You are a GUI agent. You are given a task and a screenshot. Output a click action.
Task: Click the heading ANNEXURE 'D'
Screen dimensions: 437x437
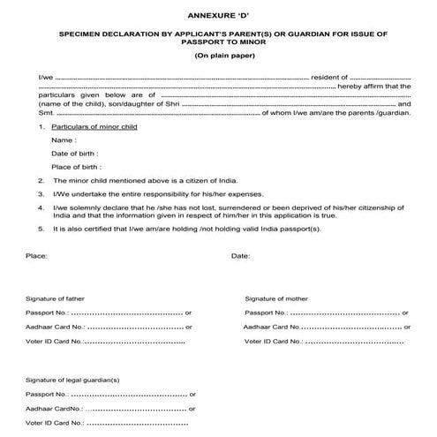218,15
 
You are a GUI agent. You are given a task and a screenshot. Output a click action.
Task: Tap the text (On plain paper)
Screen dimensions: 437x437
218,56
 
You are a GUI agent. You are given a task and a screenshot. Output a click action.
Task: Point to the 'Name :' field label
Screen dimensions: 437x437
64,140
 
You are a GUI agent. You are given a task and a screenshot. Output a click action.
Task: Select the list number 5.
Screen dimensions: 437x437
41,229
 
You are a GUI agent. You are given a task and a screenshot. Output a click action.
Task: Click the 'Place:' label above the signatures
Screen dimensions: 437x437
37,256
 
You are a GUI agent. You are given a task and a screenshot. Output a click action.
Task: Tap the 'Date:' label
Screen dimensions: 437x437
240,256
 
